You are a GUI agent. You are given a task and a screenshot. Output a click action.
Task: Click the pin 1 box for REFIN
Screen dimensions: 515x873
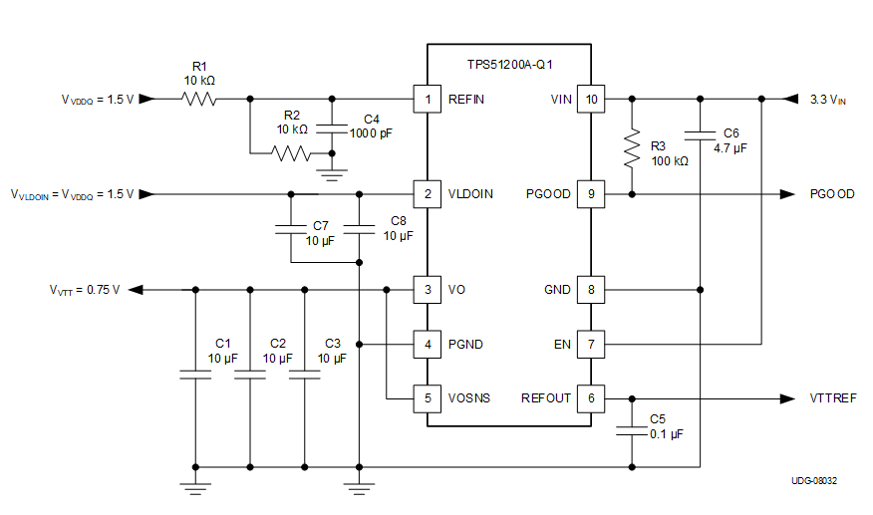point(428,99)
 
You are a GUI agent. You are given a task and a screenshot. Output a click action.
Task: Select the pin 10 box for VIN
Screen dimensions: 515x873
point(591,99)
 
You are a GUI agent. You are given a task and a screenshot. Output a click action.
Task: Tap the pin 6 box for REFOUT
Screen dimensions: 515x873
point(591,398)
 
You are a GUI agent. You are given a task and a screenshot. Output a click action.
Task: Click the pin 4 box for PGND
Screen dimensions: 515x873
point(428,345)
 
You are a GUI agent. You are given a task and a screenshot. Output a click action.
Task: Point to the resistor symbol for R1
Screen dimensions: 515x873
point(198,99)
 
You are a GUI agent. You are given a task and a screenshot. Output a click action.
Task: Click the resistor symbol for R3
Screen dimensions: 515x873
point(631,149)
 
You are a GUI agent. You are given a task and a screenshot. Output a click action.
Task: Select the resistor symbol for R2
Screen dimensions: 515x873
point(291,154)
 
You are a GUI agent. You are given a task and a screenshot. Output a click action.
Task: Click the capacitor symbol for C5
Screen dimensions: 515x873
point(631,431)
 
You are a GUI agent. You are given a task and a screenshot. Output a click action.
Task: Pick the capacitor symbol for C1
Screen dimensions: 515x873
point(195,376)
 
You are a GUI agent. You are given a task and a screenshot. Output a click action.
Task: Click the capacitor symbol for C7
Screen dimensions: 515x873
point(291,229)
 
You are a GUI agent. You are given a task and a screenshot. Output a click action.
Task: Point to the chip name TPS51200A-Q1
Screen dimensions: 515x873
point(510,65)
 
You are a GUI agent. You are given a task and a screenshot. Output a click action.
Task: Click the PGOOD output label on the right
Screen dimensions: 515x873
point(832,194)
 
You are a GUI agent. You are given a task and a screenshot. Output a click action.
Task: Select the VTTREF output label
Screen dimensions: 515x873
point(832,398)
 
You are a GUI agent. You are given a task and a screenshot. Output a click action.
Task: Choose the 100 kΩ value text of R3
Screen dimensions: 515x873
point(669,161)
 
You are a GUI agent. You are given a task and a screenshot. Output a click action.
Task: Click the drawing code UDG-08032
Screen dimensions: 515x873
point(814,481)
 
